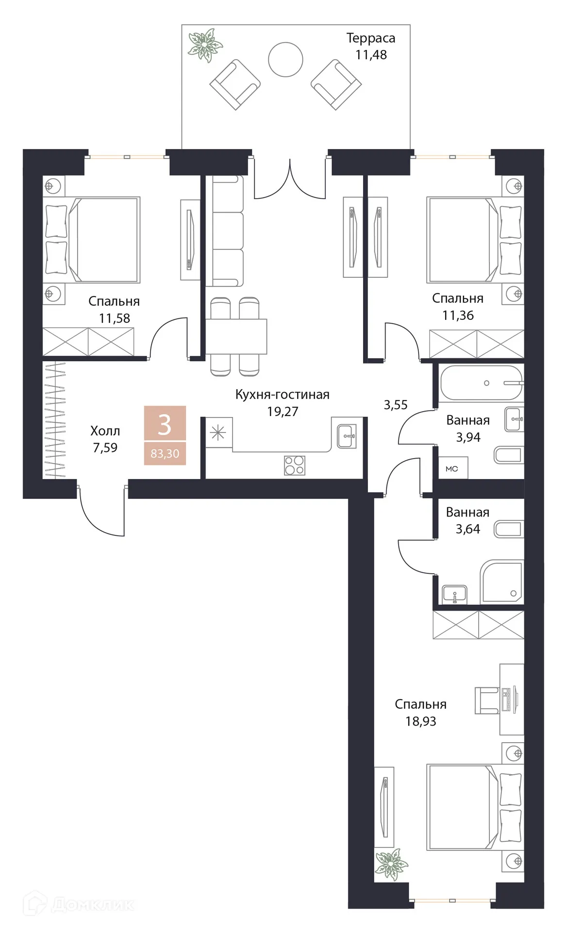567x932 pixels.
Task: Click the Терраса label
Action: click(370, 38)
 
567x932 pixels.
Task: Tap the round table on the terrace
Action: click(285, 59)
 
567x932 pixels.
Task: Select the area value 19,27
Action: click(282, 412)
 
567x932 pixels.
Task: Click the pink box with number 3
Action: click(165, 424)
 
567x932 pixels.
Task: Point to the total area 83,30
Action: click(165, 454)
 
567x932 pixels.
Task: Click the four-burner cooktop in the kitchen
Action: click(295, 465)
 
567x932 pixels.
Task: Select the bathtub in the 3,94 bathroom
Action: click(481, 383)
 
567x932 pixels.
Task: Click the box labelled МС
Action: click(452, 468)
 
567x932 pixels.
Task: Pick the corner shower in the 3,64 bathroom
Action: click(502, 582)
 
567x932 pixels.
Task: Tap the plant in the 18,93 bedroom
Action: click(391, 864)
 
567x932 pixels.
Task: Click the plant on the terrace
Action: click(205, 45)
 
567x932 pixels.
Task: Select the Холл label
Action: click(105, 431)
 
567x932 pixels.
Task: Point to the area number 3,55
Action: click(395, 405)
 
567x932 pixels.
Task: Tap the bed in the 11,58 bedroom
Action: click(92, 239)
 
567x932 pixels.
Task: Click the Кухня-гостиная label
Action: click(282, 395)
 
